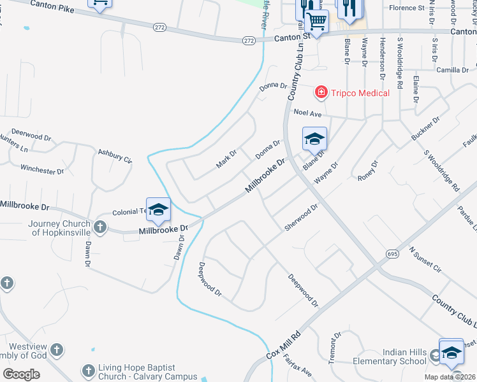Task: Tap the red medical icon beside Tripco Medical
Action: pos(321,93)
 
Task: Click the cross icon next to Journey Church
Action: pos(99,227)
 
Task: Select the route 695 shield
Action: pos(392,253)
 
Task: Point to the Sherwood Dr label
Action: pos(301,218)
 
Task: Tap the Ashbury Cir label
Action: pos(114,156)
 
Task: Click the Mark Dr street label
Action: pos(226,159)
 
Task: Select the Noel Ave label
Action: pos(307,113)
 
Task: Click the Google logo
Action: pos(21,374)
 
